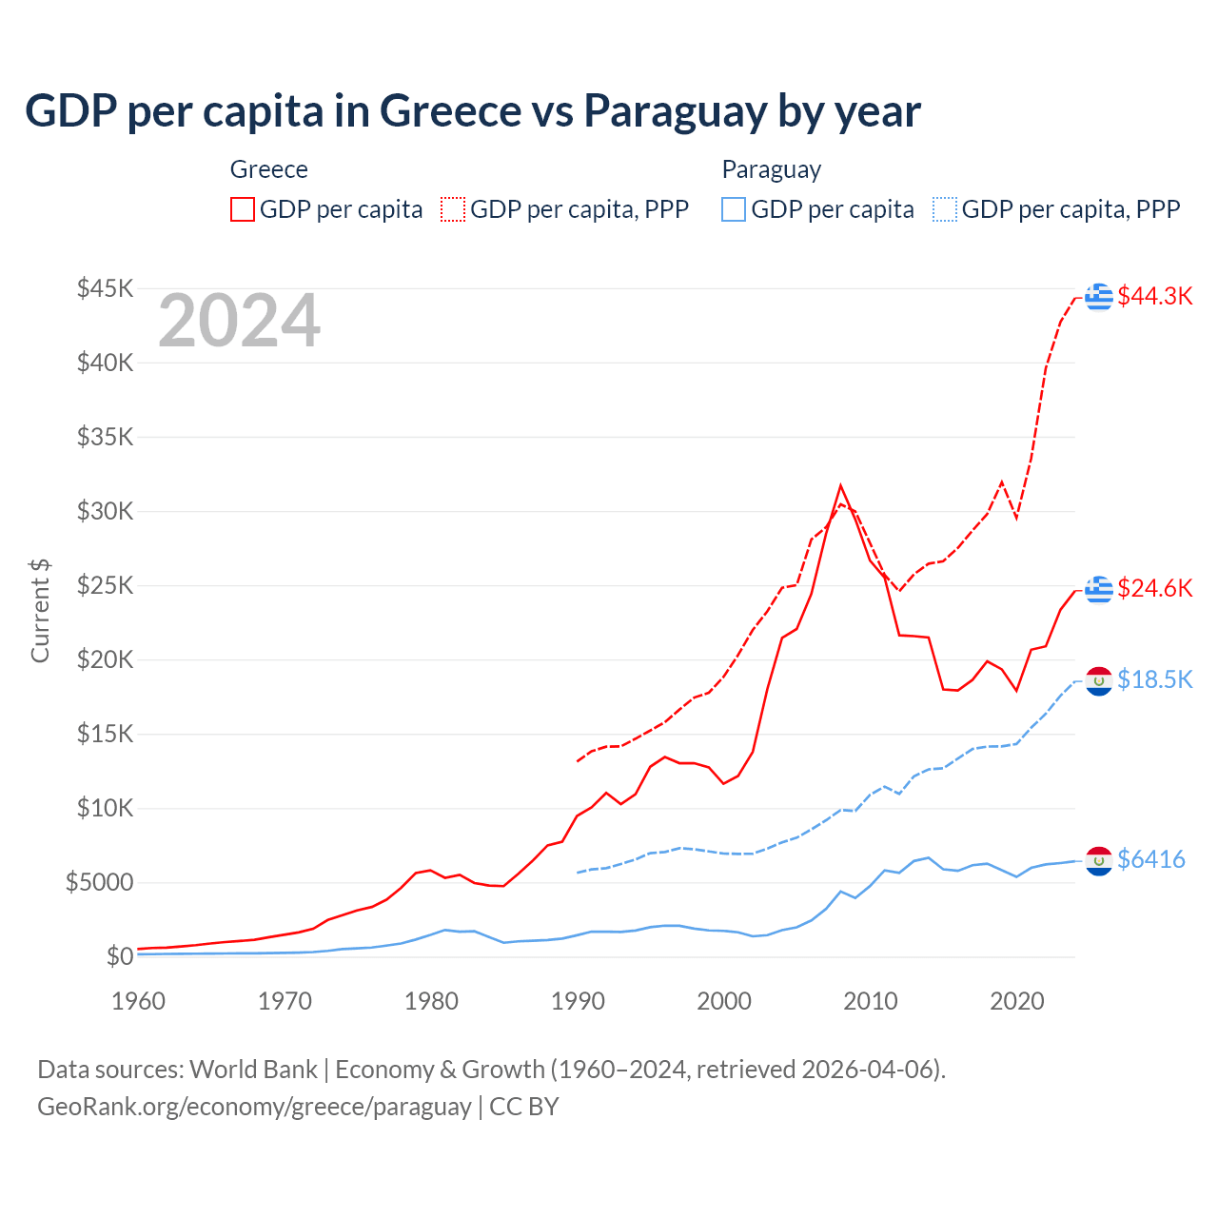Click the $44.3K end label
[1154, 296]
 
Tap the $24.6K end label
[1154, 588]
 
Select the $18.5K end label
[1154, 679]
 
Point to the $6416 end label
[1150, 859]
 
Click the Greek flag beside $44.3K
[1099, 296]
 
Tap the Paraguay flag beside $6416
[1099, 860]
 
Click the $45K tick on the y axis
[105, 288]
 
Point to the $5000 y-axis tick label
[99, 882]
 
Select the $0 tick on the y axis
[119, 956]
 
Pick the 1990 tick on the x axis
[578, 1001]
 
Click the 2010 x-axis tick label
[871, 1001]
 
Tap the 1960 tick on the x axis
[139, 1001]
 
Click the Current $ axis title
[40, 611]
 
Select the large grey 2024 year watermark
[239, 322]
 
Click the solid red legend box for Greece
[243, 209]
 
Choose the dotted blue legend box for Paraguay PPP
[945, 209]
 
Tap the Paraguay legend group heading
[771, 169]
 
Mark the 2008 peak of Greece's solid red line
[840, 486]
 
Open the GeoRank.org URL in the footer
[254, 1107]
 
